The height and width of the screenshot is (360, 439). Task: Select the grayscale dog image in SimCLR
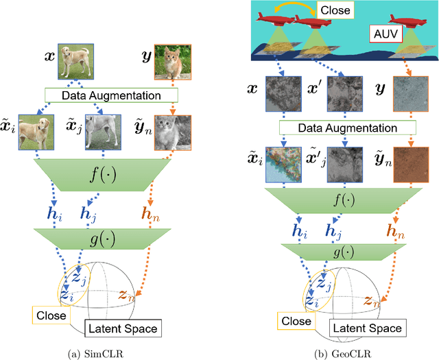point(102,132)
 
